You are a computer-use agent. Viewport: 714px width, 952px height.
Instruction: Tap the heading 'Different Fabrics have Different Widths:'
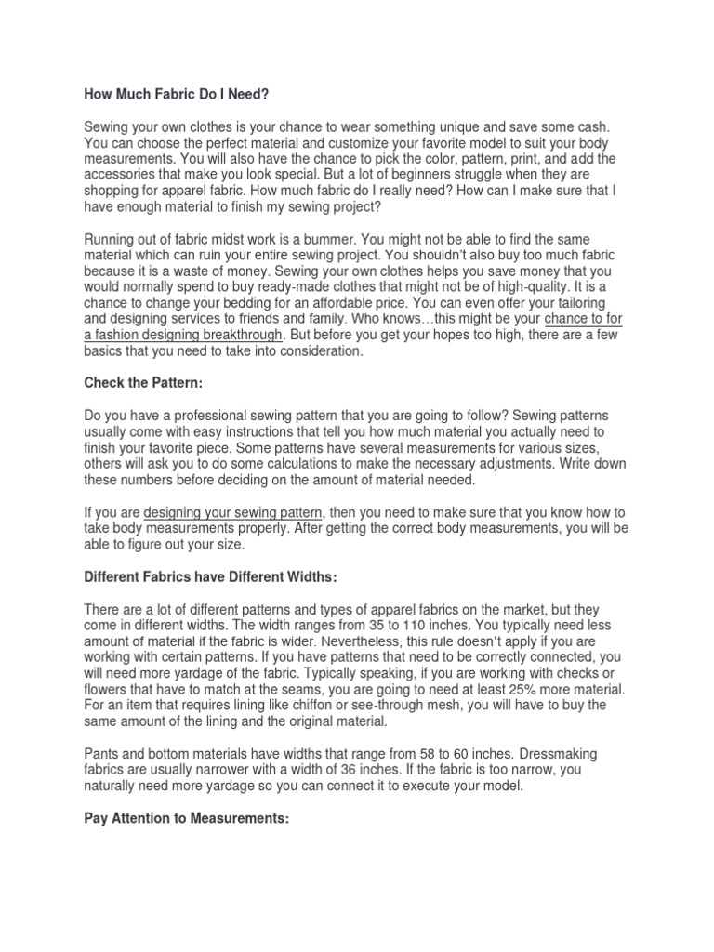pyautogui.click(x=208, y=576)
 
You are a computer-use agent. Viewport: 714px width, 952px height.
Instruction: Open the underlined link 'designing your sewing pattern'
pyautogui.click(x=233, y=512)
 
